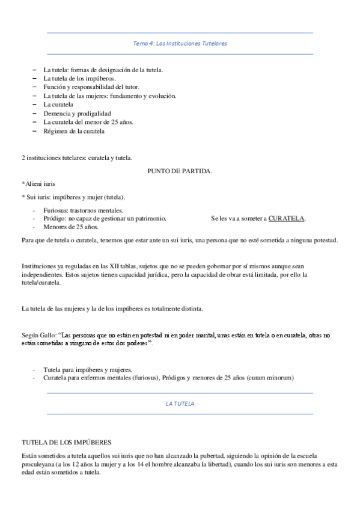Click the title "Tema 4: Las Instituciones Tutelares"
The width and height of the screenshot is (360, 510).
(x=180, y=44)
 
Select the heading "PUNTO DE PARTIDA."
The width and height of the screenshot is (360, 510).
(x=180, y=171)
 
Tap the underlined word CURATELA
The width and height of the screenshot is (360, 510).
(x=287, y=218)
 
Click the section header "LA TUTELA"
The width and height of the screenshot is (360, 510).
(x=180, y=404)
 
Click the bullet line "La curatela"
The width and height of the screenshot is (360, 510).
(x=58, y=105)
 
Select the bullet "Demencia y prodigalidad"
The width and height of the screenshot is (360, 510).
(x=77, y=113)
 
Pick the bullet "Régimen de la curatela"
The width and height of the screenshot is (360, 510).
(x=74, y=131)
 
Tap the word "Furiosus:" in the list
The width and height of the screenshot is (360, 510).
(x=56, y=210)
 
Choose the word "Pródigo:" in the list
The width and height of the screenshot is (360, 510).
(x=55, y=218)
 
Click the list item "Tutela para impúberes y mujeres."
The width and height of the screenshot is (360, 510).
(x=88, y=369)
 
